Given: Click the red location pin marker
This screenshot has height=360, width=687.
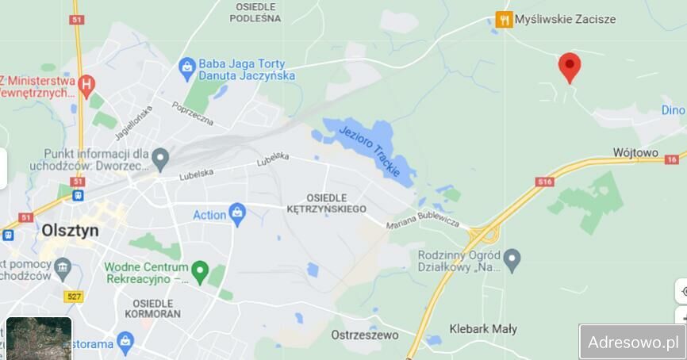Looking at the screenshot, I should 569,67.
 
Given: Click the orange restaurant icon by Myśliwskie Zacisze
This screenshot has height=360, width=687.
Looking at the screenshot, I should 504,20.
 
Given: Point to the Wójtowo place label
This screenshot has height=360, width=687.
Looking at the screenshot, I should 635,151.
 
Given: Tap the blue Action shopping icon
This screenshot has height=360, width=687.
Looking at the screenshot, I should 236,213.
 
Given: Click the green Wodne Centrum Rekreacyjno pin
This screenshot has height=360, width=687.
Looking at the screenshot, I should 201,271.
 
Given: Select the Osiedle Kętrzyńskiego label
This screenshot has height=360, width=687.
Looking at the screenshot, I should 336,202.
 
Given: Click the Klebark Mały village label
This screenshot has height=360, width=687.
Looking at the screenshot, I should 482,328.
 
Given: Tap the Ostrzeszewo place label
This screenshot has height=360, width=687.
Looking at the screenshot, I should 364,335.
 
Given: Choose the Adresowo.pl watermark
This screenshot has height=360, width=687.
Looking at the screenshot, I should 632,342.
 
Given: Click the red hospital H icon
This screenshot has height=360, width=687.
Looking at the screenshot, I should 87,82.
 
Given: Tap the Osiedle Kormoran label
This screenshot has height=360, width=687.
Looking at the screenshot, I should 153,308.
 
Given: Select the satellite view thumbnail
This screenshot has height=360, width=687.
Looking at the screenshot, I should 39,339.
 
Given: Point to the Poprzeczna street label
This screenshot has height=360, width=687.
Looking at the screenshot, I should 193,114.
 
